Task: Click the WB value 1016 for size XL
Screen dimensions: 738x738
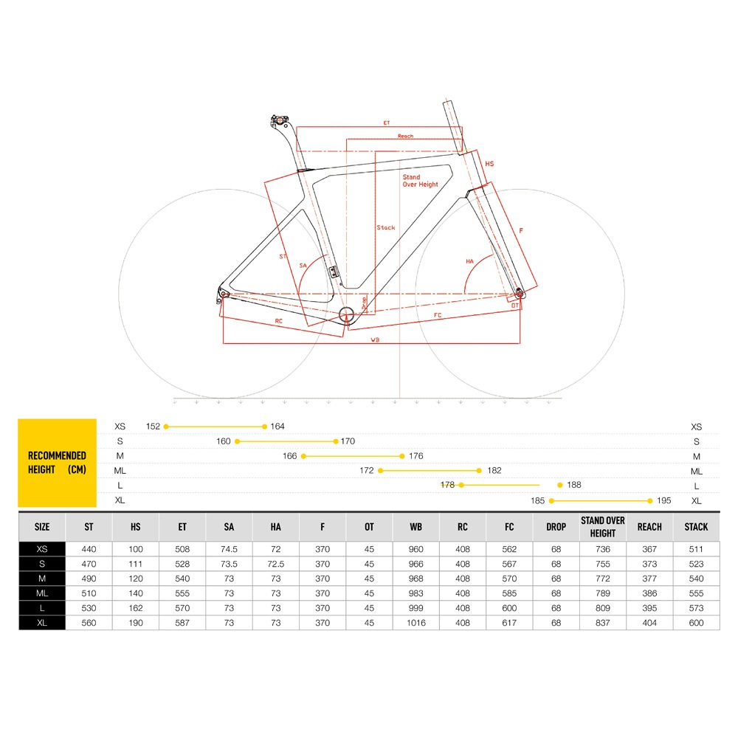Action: [x=416, y=623]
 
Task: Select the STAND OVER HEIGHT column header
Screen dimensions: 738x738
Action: [x=602, y=527]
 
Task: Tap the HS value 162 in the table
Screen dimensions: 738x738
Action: [x=136, y=608]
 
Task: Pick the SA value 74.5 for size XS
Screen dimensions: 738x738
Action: [x=229, y=549]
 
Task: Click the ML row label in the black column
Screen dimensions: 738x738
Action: [x=42, y=593]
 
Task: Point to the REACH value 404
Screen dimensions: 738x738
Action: [x=649, y=623]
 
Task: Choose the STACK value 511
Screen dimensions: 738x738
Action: [x=696, y=549]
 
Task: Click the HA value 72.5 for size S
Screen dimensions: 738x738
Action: [x=276, y=564]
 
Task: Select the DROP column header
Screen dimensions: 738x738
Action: [x=556, y=527]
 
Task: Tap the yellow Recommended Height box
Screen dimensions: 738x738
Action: [x=57, y=463]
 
